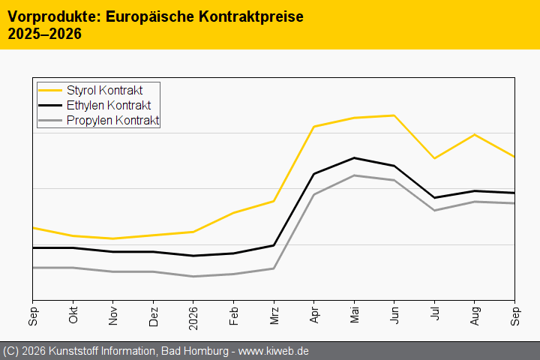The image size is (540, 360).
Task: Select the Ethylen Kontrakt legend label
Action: click(109, 106)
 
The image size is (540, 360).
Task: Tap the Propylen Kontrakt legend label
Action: click(112, 120)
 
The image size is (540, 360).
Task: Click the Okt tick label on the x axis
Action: click(73, 315)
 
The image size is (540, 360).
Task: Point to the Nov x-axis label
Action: click(113, 316)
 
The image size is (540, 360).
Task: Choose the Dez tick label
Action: click(153, 316)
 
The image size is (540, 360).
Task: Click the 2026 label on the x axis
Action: click(193, 318)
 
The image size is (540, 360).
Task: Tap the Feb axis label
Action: click(233, 316)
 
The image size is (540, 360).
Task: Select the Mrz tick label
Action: click(274, 316)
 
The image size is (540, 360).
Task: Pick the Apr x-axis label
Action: click(314, 315)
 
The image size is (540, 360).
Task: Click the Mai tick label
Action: click(354, 315)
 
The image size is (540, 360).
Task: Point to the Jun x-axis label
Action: click(394, 315)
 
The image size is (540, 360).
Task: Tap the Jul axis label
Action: click(434, 313)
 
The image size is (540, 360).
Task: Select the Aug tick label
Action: click(475, 316)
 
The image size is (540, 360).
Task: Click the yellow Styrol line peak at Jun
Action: click(394, 115)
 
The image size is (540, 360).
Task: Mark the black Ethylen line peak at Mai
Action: click(354, 157)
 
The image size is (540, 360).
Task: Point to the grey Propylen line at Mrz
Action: click(274, 268)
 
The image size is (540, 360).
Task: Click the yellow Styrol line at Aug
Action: click(475, 134)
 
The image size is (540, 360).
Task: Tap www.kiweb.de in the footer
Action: click(273, 351)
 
